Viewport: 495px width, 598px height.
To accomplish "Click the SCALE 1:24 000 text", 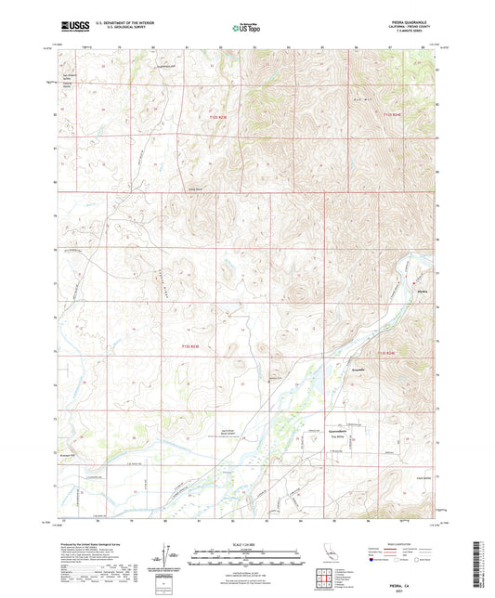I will pyautogui.click(x=247, y=544).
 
